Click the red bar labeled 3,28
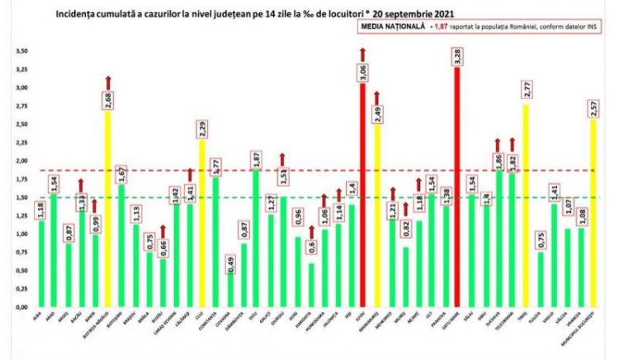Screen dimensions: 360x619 coord(457,190)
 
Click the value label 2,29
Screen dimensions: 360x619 coord(201,130)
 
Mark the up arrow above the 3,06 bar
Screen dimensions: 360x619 coord(361,54)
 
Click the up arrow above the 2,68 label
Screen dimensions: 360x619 coord(108,81)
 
